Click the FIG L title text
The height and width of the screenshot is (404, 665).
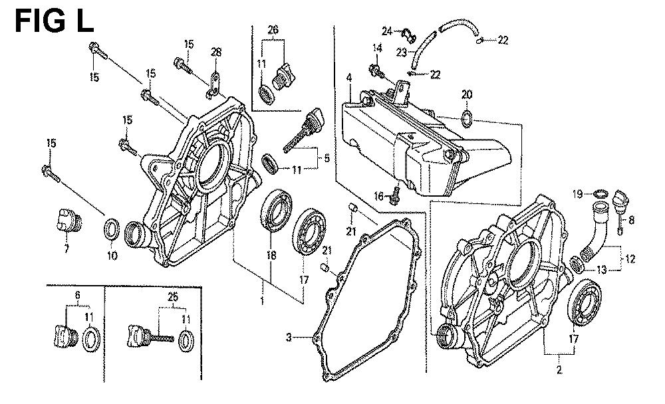pos(55,21)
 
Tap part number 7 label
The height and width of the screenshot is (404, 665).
pos(66,249)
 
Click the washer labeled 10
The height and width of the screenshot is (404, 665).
pos(112,231)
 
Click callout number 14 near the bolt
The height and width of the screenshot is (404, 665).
pos(377,48)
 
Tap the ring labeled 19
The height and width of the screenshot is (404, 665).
pos(599,193)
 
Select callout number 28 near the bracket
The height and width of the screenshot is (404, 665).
pos(215,53)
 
